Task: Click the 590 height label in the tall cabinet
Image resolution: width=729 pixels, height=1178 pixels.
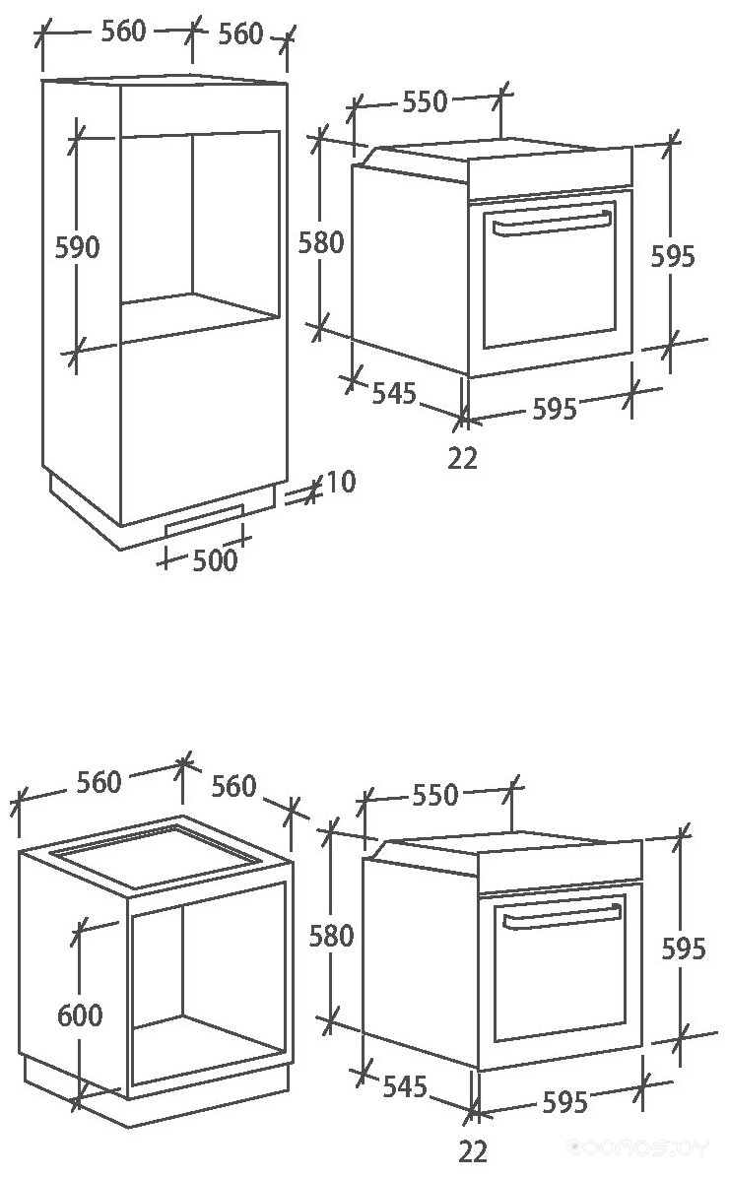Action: click(x=77, y=246)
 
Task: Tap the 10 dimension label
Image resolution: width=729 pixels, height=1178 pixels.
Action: click(x=341, y=483)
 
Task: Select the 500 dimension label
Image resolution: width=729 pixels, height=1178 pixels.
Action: click(x=215, y=560)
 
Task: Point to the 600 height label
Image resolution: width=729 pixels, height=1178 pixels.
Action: click(x=80, y=1014)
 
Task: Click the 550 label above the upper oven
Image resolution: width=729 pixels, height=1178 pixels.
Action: click(x=425, y=101)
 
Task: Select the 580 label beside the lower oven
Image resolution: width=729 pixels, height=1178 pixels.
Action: click(x=331, y=935)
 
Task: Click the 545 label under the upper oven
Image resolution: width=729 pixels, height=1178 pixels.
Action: click(x=393, y=393)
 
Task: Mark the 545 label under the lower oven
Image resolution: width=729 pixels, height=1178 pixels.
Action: click(x=404, y=1086)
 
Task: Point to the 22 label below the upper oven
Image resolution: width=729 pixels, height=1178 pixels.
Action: click(x=462, y=458)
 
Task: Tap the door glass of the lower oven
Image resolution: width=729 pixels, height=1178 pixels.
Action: click(x=560, y=975)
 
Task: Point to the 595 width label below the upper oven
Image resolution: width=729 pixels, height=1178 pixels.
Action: click(x=554, y=408)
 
